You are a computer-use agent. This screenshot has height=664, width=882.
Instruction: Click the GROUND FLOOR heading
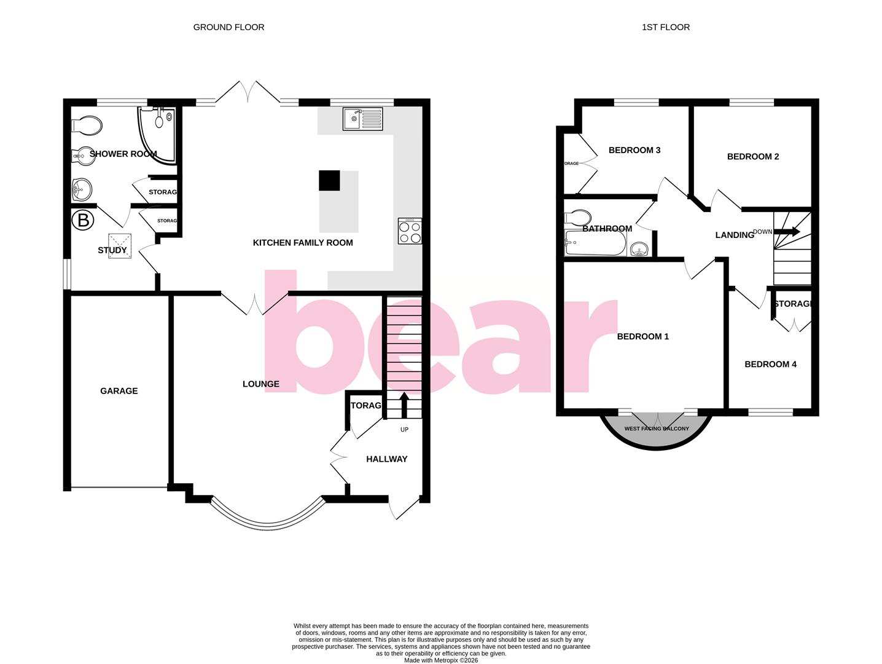click(x=228, y=27)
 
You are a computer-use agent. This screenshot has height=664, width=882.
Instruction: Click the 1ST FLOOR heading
click(x=665, y=27)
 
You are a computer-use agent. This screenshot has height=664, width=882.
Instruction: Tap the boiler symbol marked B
click(x=83, y=220)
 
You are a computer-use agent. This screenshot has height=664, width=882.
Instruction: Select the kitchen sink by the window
click(x=362, y=119)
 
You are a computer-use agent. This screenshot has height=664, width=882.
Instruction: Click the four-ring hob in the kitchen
click(x=410, y=231)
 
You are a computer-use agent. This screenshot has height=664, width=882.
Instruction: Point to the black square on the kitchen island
click(x=329, y=181)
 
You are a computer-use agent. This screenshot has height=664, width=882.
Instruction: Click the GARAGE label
click(x=119, y=391)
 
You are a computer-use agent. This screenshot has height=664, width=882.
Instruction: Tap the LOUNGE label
click(x=261, y=384)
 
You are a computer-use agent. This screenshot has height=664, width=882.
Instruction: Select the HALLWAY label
click(x=386, y=459)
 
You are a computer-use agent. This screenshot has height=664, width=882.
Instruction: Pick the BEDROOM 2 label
click(x=753, y=157)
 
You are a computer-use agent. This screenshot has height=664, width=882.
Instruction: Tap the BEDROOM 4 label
click(x=770, y=365)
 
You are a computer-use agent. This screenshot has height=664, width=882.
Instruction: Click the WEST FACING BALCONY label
click(x=657, y=429)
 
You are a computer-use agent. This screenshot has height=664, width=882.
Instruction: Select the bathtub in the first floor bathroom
click(x=595, y=244)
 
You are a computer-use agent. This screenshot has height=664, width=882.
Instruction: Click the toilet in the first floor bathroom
click(x=578, y=218)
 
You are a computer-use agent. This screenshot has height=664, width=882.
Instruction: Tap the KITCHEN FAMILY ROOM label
click(x=303, y=243)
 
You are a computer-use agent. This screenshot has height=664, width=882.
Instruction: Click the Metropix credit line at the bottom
click(x=440, y=660)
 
